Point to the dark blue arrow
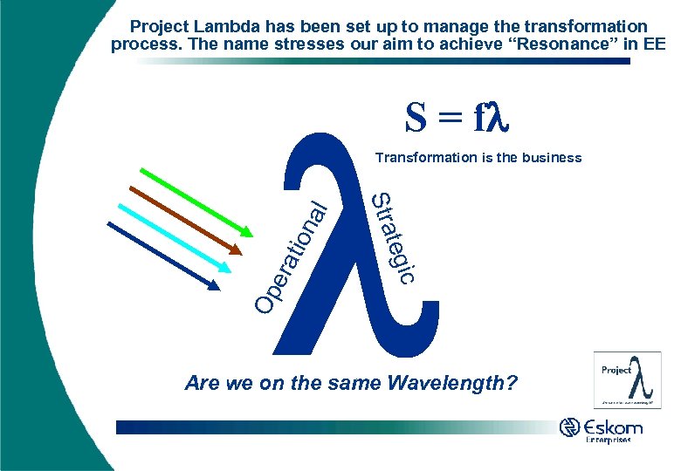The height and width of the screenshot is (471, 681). pyautogui.click(x=162, y=254)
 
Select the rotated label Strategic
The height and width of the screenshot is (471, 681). pyautogui.click(x=392, y=235)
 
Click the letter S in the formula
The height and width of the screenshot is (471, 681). pyautogui.click(x=416, y=119)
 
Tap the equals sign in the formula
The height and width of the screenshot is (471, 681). pyautogui.click(x=450, y=120)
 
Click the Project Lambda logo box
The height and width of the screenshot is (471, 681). pyautogui.click(x=627, y=379)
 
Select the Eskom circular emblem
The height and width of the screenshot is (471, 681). pyautogui.click(x=570, y=428)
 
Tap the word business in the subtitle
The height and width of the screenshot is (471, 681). pyautogui.click(x=551, y=158)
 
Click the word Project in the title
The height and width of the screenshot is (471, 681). pyautogui.click(x=158, y=27)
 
